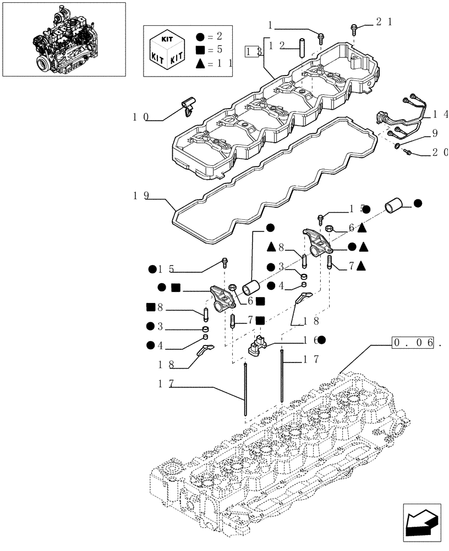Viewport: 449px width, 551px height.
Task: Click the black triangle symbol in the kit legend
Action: [200, 63]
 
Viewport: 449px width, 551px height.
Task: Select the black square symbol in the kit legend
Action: [200, 50]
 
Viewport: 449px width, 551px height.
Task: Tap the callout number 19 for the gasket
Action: [140, 195]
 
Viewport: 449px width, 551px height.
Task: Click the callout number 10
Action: [140, 117]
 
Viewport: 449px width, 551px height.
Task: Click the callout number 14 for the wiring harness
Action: [440, 115]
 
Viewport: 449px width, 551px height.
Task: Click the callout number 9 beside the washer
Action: [435, 133]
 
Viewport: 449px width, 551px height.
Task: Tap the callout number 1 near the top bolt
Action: [271, 24]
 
